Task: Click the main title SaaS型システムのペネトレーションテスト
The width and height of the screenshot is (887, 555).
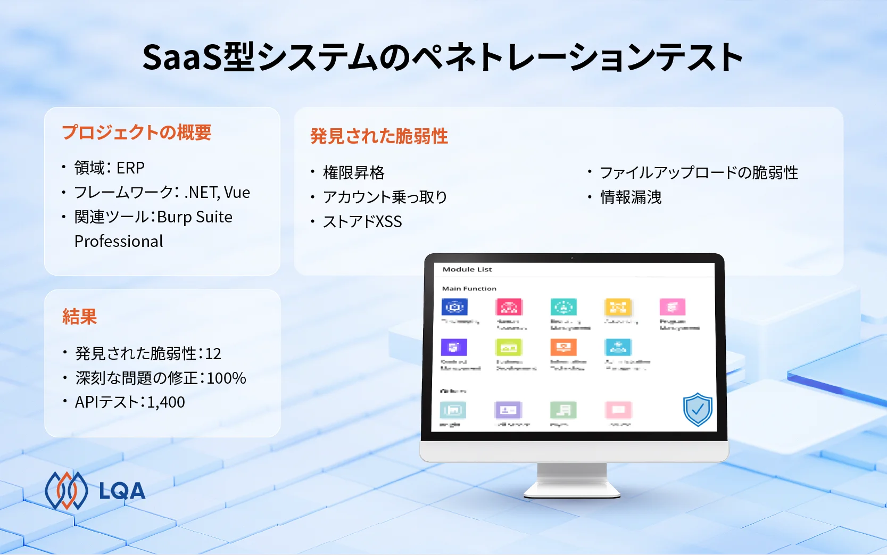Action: [443, 57]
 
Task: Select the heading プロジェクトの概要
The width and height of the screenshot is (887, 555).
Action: [137, 132]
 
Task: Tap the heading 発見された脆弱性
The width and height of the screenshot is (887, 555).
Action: [379, 136]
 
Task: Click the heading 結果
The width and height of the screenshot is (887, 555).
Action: [79, 317]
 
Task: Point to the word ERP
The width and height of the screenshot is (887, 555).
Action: [130, 168]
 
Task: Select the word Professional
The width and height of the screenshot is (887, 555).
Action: [119, 241]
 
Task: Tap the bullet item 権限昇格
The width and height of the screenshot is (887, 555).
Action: [353, 172]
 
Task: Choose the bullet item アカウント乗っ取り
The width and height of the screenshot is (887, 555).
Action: [385, 197]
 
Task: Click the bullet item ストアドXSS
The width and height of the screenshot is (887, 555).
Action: [362, 221]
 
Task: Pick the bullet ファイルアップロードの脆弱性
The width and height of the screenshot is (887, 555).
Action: [699, 172]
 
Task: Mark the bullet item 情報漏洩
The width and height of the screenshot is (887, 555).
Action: [631, 197]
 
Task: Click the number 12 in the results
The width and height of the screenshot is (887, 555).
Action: [213, 353]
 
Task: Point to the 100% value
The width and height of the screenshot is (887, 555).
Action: [226, 378]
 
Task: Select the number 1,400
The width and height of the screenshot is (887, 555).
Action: [166, 402]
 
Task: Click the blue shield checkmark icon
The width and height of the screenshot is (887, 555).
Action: [698, 409]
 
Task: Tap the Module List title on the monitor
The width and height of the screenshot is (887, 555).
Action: [467, 269]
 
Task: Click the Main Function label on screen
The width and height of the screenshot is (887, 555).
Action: [469, 288]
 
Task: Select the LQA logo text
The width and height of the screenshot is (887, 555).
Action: [122, 491]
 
